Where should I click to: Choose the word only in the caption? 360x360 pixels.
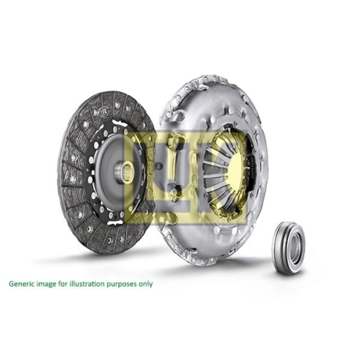(146, 284)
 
